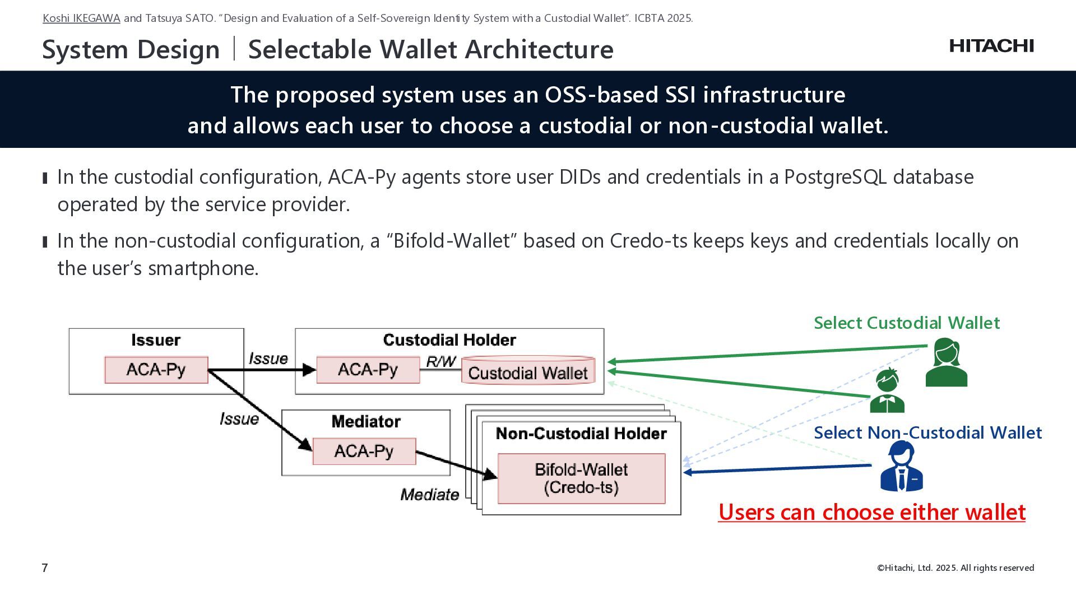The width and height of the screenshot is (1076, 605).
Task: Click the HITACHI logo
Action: (991, 46)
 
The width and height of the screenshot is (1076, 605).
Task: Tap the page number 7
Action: (45, 568)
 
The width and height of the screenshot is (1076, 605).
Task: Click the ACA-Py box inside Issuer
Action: (156, 370)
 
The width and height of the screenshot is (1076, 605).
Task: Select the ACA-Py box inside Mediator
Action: (364, 452)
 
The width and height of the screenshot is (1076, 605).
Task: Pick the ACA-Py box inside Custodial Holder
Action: (368, 370)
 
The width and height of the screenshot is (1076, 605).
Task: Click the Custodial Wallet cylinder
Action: (528, 370)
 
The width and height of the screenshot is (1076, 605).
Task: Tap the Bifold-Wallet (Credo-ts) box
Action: (582, 478)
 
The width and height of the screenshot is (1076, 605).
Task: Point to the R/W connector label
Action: (441, 362)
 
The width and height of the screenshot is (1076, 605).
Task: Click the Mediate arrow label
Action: (430, 495)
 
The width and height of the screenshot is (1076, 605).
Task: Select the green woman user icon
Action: (947, 362)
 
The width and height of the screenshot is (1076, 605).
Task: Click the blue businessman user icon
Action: (902, 466)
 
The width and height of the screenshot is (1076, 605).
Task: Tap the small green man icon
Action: (887, 390)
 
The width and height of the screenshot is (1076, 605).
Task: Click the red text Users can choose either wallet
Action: (872, 512)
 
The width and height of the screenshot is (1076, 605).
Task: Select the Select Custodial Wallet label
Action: (907, 323)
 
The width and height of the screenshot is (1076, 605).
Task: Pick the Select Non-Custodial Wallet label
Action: (927, 433)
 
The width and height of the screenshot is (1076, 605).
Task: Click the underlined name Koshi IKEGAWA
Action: (81, 18)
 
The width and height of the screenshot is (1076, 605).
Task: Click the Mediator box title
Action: (366, 422)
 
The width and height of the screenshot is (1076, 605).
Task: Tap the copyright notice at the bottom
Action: (956, 568)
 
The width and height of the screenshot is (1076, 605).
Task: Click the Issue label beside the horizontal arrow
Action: (268, 359)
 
